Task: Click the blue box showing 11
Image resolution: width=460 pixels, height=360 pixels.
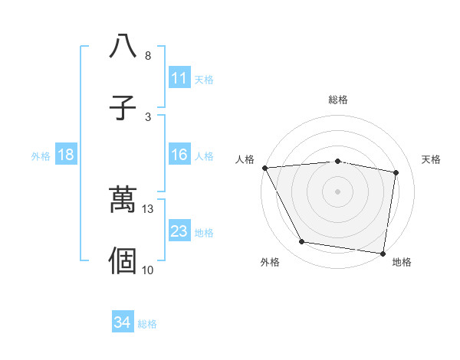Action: pyautogui.click(x=179, y=78)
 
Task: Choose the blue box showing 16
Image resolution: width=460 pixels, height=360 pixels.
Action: pyautogui.click(x=179, y=155)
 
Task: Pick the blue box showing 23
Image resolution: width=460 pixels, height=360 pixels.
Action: pyautogui.click(x=179, y=231)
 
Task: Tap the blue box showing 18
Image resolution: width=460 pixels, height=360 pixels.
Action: pyautogui.click(x=66, y=155)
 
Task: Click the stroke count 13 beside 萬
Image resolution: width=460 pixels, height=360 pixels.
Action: pyautogui.click(x=148, y=208)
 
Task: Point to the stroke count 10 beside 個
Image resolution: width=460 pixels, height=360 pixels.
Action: pyautogui.click(x=148, y=270)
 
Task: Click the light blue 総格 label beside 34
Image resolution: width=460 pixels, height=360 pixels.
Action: pyautogui.click(x=147, y=324)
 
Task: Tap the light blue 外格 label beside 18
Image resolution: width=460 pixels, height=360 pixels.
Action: pyautogui.click(x=41, y=156)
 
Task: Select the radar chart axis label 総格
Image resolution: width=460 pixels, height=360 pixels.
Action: pyautogui.click(x=338, y=100)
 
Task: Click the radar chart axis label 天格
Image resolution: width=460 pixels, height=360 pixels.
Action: pyautogui.click(x=432, y=159)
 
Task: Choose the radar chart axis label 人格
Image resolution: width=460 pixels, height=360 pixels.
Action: pyautogui.click(x=245, y=159)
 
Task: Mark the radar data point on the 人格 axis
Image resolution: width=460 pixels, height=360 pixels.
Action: pyautogui.click(x=264, y=168)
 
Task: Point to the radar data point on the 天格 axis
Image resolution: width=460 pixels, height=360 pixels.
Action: pyautogui.click(x=396, y=172)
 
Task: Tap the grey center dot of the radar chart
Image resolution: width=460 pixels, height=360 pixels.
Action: pyautogui.click(x=338, y=191)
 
